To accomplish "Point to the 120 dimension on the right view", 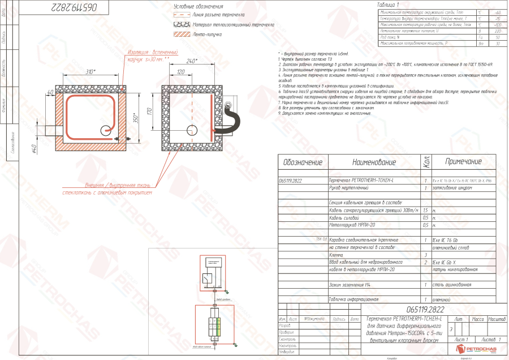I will coord(182,72).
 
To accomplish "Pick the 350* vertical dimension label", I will coord(136,120).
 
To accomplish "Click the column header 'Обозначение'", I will coord(303,163).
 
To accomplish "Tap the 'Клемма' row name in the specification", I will coord(337,255).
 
